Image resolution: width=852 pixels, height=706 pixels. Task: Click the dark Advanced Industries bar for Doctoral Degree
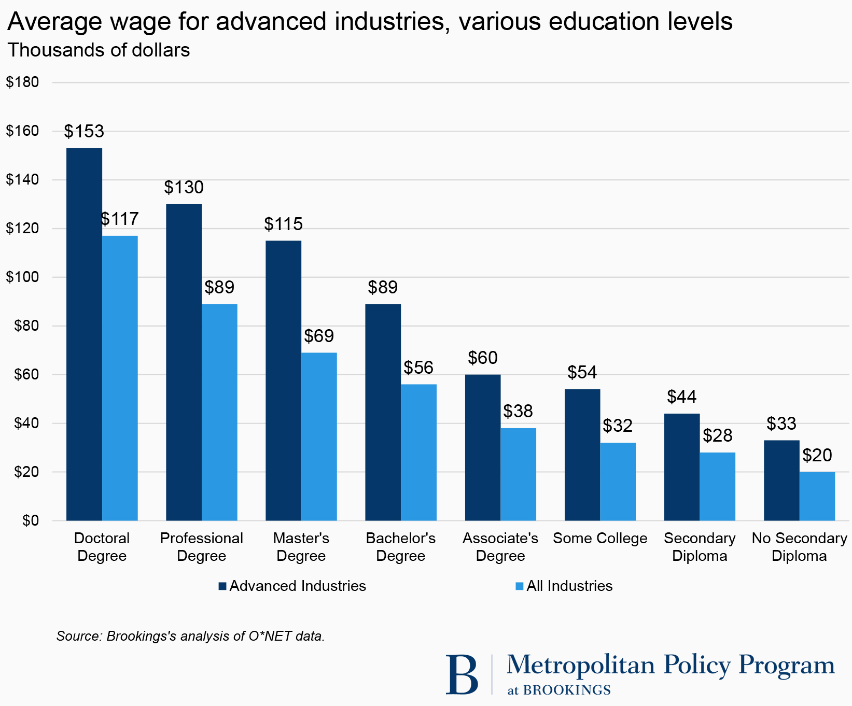pos(84,334)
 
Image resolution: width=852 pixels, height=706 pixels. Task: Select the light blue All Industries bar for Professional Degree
pos(219,412)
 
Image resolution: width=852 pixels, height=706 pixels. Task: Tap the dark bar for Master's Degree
pos(283,380)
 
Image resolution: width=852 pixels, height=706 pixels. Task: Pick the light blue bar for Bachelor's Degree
pos(418,452)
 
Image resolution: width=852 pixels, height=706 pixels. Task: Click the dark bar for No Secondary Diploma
pos(781,480)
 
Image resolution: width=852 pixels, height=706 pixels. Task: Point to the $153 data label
pos(84,132)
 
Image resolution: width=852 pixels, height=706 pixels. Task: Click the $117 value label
pos(120,219)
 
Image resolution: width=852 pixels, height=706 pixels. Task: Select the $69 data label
pos(319,336)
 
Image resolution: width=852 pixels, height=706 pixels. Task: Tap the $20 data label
pos(817,456)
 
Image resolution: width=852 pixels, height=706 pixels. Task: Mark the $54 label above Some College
pos(582,373)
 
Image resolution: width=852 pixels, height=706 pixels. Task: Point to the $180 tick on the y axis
pos(22,82)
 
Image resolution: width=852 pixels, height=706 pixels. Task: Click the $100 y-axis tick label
pos(22,277)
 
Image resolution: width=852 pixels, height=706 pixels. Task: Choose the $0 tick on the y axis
pos(30,520)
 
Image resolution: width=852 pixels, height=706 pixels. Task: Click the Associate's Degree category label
pos(500,547)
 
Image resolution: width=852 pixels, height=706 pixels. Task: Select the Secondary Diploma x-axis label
pos(700,547)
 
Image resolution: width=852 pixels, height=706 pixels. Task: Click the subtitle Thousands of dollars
pos(99,50)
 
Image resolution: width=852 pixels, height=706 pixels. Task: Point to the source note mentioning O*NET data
pos(190,636)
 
